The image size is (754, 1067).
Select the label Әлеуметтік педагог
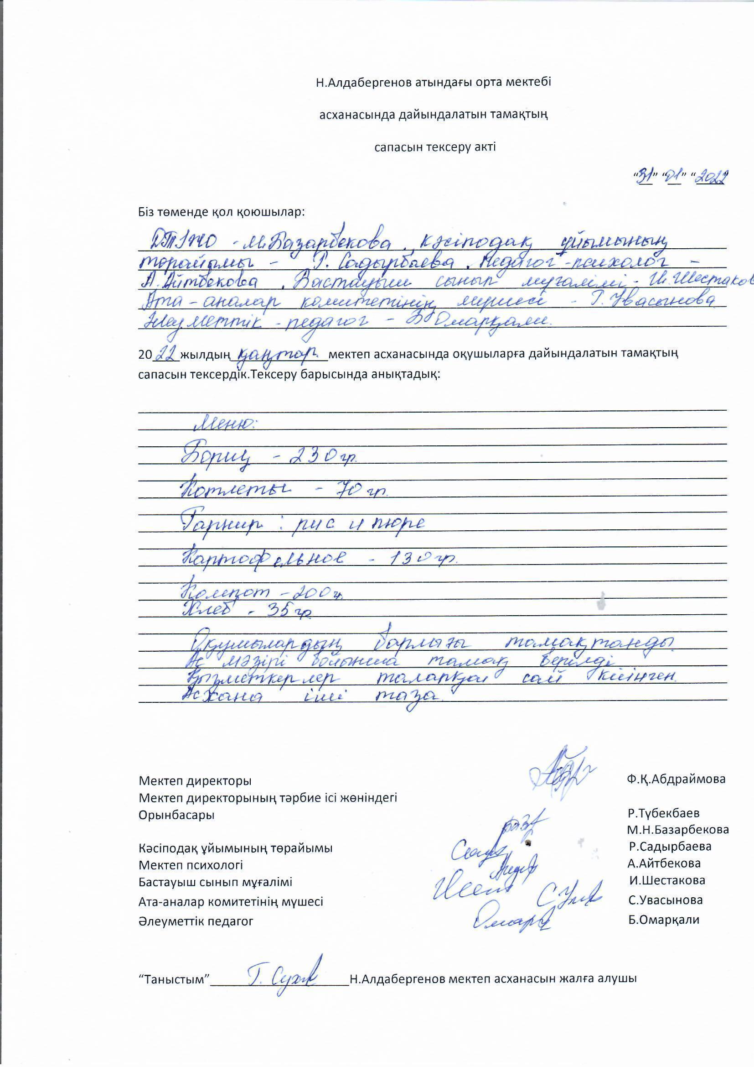(196, 921)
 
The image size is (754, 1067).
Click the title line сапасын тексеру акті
(435, 147)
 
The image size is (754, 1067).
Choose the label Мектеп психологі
(191, 865)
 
